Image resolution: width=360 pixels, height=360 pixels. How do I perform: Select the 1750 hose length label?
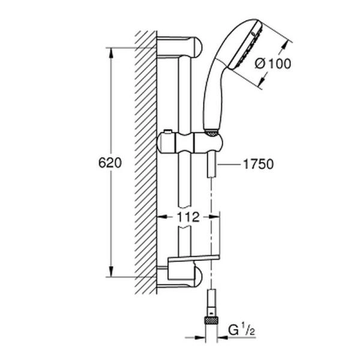259,163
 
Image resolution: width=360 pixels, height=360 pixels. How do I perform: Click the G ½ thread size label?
242,329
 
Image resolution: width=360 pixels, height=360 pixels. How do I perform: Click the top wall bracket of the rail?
180,46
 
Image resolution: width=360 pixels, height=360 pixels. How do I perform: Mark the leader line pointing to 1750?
231,163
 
